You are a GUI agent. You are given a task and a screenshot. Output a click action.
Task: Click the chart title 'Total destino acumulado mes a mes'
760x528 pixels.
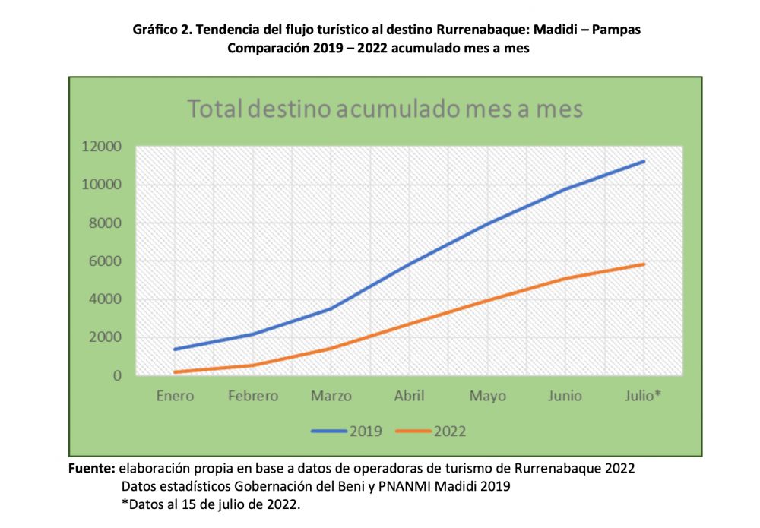click(x=385, y=109)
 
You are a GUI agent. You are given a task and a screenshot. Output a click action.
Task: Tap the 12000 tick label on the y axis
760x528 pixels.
click(x=102, y=147)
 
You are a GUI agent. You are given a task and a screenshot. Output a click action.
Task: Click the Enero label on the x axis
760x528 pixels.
click(x=175, y=396)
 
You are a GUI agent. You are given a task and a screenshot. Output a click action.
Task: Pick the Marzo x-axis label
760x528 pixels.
click(x=331, y=396)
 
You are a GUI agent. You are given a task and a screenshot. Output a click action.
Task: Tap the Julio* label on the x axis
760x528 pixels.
click(x=643, y=396)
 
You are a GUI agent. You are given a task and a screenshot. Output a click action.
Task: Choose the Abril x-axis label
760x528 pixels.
click(x=409, y=396)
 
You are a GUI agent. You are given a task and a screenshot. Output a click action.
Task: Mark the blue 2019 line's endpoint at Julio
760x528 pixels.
click(x=644, y=161)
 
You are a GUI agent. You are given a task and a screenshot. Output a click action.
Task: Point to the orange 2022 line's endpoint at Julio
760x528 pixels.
click(x=644, y=264)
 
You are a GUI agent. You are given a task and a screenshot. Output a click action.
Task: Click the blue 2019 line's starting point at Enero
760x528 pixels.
click(x=175, y=349)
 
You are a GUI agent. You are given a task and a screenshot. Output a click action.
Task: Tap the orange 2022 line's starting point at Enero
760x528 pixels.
click(x=175, y=372)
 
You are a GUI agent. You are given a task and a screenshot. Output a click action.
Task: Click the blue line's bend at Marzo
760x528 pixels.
click(x=331, y=308)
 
